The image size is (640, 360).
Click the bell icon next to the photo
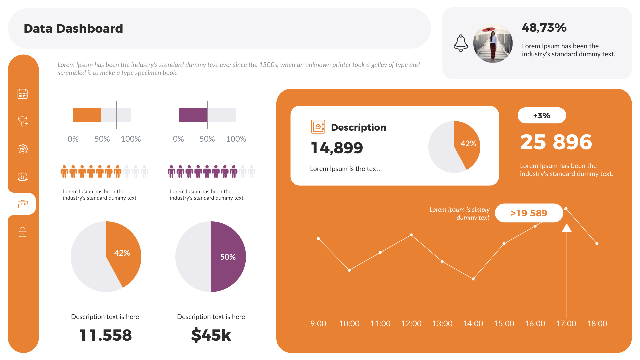461,43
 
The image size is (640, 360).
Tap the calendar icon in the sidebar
23,94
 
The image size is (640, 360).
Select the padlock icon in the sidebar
23,232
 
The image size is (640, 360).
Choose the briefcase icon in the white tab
23,204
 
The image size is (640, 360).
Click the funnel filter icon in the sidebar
23,121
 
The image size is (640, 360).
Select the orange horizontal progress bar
87,115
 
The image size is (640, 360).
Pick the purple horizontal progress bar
193,115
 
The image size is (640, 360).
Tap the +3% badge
542,116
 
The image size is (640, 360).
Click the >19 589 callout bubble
529,213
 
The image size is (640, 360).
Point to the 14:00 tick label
473,323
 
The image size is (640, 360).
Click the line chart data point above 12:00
411,235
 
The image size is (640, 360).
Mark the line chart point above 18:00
597,244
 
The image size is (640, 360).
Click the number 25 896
556,142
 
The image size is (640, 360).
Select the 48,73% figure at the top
544,28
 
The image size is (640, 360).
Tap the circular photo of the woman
493,43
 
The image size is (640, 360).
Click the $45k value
211,335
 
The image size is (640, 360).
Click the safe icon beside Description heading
318,127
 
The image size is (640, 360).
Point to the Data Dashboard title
73,29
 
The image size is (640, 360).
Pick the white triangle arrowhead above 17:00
566,228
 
